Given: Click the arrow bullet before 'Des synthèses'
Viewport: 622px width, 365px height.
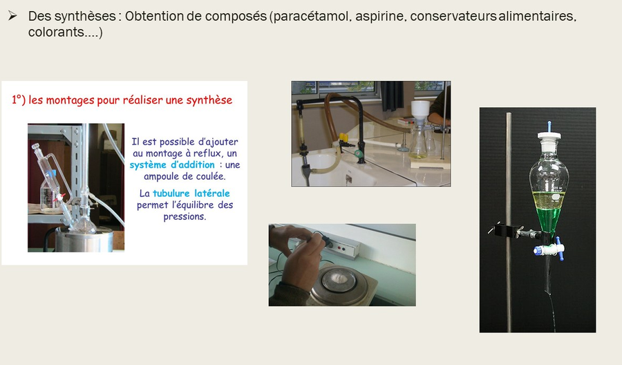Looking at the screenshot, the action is (12, 16).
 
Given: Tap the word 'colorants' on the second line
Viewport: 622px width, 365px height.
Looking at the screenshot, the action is (56, 32).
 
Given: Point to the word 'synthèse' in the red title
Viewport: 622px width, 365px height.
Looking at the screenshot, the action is (209, 100).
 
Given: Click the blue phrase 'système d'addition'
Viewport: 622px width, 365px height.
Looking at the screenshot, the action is (172, 165).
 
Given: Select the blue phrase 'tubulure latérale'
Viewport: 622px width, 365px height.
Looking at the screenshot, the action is (191, 193).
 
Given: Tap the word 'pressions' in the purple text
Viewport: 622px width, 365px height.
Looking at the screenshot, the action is (184, 216).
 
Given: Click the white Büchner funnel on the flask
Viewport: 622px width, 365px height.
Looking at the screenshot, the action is (420, 111).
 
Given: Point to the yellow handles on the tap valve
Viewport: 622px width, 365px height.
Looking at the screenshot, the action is (343, 138).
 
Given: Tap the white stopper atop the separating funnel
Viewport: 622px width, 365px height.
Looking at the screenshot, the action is (549, 135).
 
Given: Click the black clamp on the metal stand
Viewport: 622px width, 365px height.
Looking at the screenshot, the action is (516, 232).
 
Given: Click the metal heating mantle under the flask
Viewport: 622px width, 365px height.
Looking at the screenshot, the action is (84, 239).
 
